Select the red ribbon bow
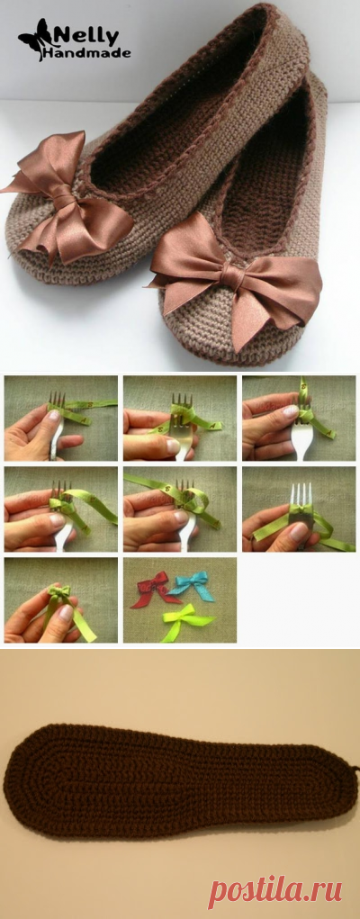tap(154, 589)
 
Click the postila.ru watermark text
tap(274, 893)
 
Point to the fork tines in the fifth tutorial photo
tap(186, 488)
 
